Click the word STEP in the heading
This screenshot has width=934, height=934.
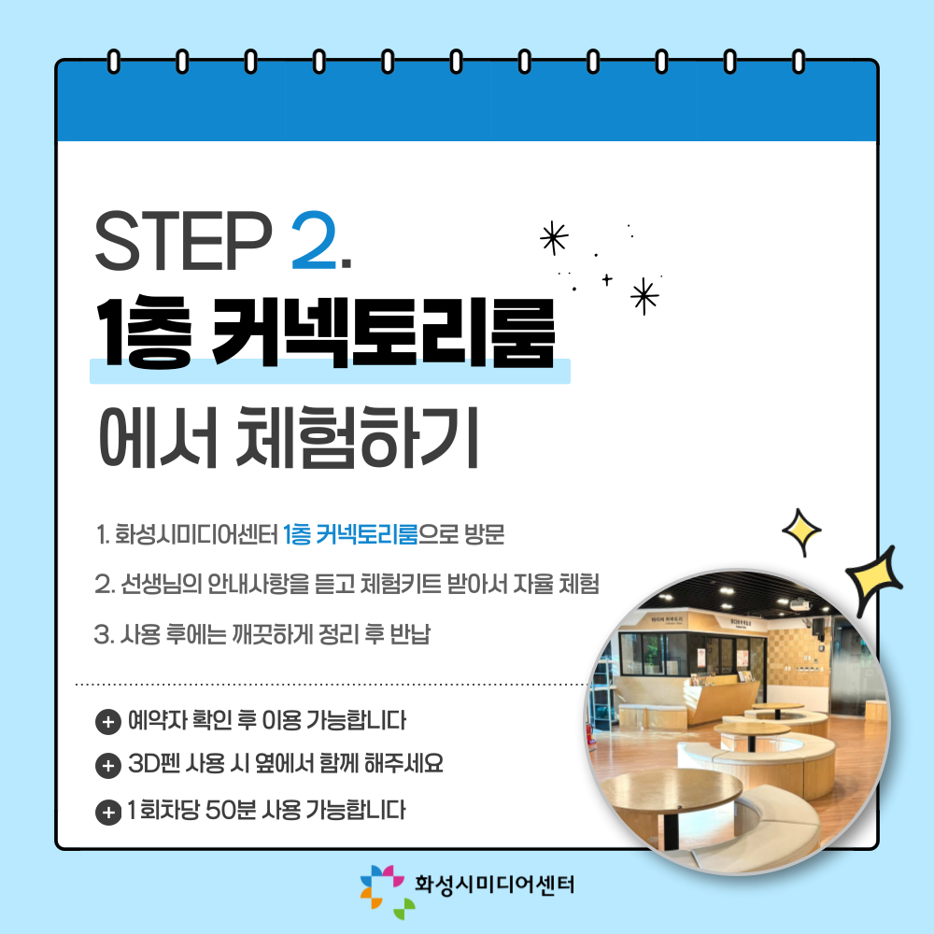(x=183, y=240)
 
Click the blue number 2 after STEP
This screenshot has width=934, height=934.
(x=314, y=240)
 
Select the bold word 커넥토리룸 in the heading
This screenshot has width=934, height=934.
(x=384, y=333)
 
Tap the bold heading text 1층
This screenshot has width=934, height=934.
(x=144, y=333)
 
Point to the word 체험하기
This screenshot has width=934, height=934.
(x=358, y=437)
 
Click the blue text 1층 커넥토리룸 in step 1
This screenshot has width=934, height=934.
(x=350, y=534)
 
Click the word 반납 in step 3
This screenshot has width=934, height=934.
(x=410, y=634)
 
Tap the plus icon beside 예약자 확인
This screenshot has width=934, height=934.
(x=107, y=723)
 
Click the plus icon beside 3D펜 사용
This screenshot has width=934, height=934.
(x=107, y=766)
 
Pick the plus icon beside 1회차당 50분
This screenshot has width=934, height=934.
(x=107, y=812)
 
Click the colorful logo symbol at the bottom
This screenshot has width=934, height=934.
(x=388, y=891)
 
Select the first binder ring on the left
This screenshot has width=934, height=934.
(x=113, y=62)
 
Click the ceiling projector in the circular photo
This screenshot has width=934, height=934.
(x=799, y=605)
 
